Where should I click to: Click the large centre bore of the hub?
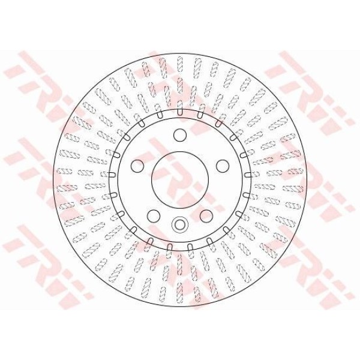point(180,180)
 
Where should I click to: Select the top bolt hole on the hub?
point(180,135)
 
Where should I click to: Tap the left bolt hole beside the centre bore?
point(137,166)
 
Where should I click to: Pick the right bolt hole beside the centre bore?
point(223,166)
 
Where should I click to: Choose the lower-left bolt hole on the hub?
point(154,216)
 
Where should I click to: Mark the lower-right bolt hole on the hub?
point(206,216)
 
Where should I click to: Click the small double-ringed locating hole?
point(180,224)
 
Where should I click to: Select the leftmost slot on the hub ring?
point(110,175)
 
